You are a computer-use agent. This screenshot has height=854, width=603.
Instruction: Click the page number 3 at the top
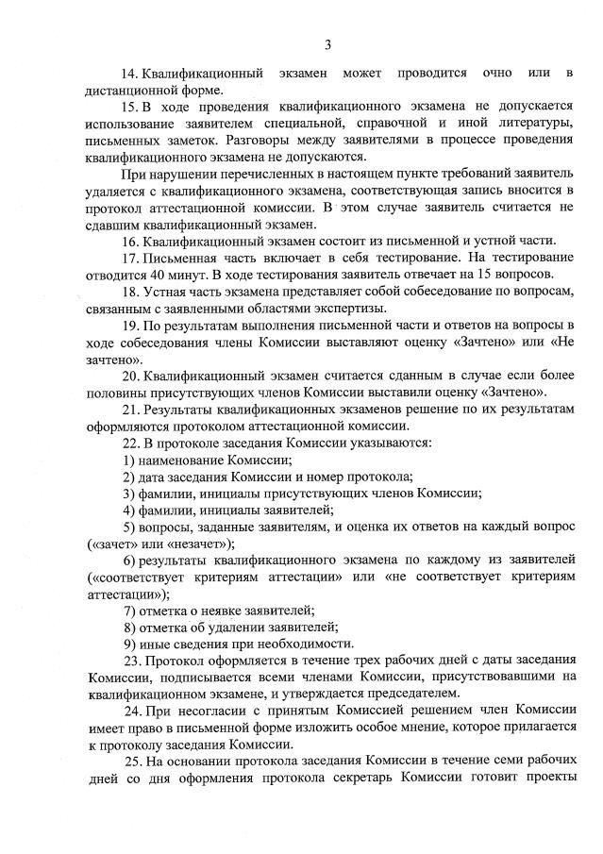327,43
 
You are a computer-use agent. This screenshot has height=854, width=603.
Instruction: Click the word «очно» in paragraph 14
497,74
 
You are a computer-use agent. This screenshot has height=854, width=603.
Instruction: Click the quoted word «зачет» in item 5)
115,544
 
